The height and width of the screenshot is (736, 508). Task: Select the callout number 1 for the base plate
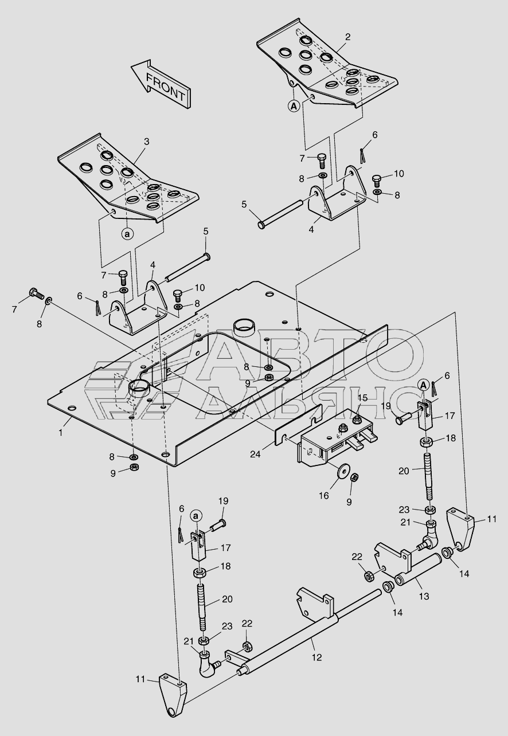click(60, 432)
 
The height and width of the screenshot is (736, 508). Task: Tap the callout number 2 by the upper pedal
click(347, 37)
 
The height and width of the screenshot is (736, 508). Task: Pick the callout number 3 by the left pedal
click(147, 141)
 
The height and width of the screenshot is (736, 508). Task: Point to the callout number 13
click(424, 596)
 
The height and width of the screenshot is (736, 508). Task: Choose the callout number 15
click(362, 398)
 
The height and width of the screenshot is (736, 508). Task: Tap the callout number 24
click(255, 454)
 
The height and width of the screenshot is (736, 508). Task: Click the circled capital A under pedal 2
click(294, 106)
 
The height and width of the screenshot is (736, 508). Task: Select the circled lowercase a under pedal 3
click(127, 234)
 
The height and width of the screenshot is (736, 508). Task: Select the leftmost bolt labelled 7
click(37, 293)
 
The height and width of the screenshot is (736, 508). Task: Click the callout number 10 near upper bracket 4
click(399, 174)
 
